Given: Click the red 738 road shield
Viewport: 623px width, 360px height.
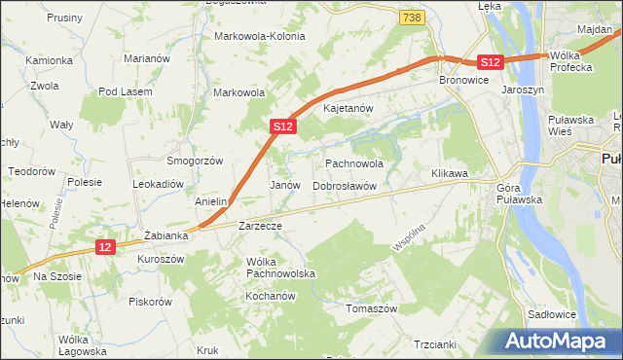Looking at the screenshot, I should [412, 18].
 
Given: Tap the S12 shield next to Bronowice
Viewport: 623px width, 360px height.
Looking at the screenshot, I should [491, 62].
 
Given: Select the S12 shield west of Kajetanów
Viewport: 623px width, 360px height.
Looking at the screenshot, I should [281, 126].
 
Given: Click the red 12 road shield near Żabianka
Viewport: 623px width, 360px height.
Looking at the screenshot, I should [106, 248].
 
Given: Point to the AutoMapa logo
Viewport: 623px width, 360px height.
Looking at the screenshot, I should [558, 342].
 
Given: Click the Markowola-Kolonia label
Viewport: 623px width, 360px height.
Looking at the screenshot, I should [259, 36].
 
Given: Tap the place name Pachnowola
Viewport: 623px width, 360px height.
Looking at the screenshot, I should [353, 164].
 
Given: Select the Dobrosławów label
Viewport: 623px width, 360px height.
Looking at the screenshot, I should [344, 185].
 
